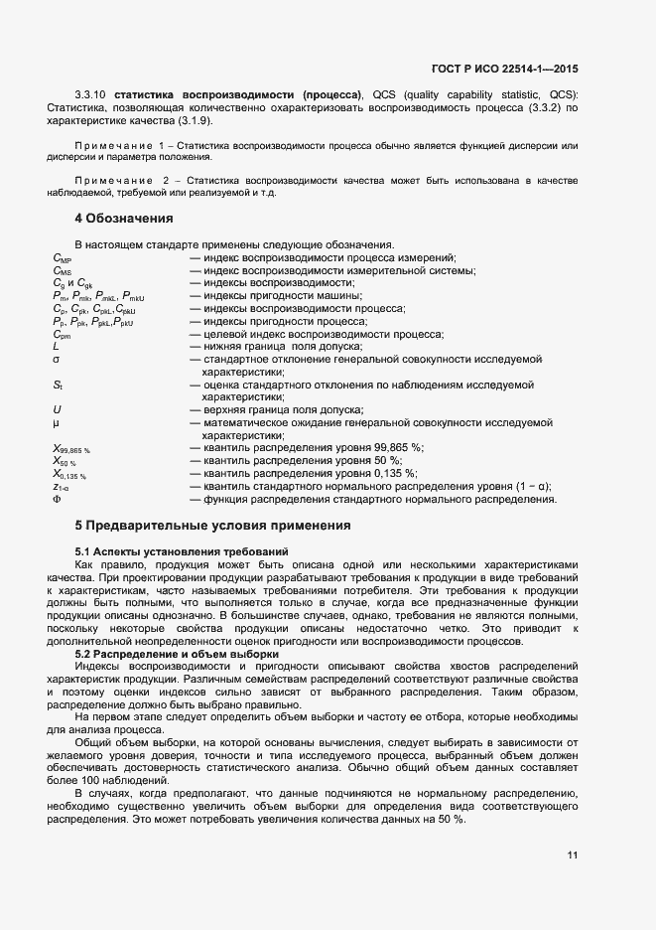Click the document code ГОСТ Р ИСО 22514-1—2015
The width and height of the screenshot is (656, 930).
click(x=505, y=70)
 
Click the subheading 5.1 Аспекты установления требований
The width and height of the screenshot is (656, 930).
click(x=182, y=550)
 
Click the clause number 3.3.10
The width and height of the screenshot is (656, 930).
click(x=91, y=94)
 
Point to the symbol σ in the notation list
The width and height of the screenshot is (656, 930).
click(x=57, y=360)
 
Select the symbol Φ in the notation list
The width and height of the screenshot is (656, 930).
click(x=57, y=500)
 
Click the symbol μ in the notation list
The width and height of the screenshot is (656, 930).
click(x=56, y=422)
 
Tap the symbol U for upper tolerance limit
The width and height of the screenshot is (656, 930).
click(x=57, y=409)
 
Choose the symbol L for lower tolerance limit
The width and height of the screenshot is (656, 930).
click(x=56, y=347)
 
